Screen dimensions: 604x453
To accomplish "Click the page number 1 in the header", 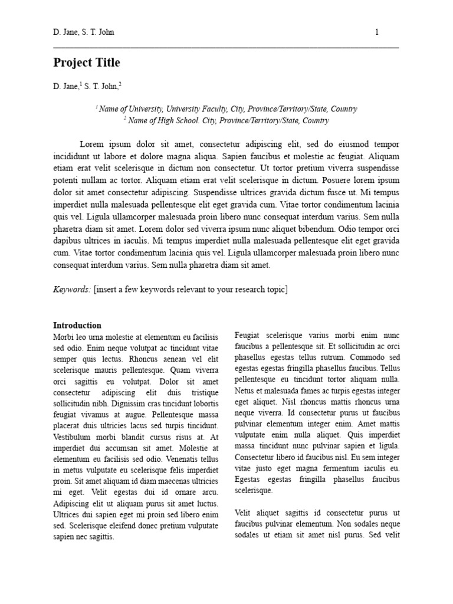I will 377,32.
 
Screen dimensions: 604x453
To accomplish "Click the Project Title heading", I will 86,63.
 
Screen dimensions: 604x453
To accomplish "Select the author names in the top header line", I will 83,32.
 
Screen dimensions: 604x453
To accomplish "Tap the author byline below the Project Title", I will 87,87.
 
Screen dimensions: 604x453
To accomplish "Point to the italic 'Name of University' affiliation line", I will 226,109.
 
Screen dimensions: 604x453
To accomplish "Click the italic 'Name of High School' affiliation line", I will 226,120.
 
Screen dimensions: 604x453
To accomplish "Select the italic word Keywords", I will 72,289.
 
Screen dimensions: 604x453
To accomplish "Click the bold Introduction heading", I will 77,325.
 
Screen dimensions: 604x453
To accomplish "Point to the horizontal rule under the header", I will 226,47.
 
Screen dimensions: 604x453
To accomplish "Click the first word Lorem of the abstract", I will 91,144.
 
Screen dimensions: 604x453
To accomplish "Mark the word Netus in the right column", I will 245,390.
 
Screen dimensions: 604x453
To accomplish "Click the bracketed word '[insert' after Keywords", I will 106,289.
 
